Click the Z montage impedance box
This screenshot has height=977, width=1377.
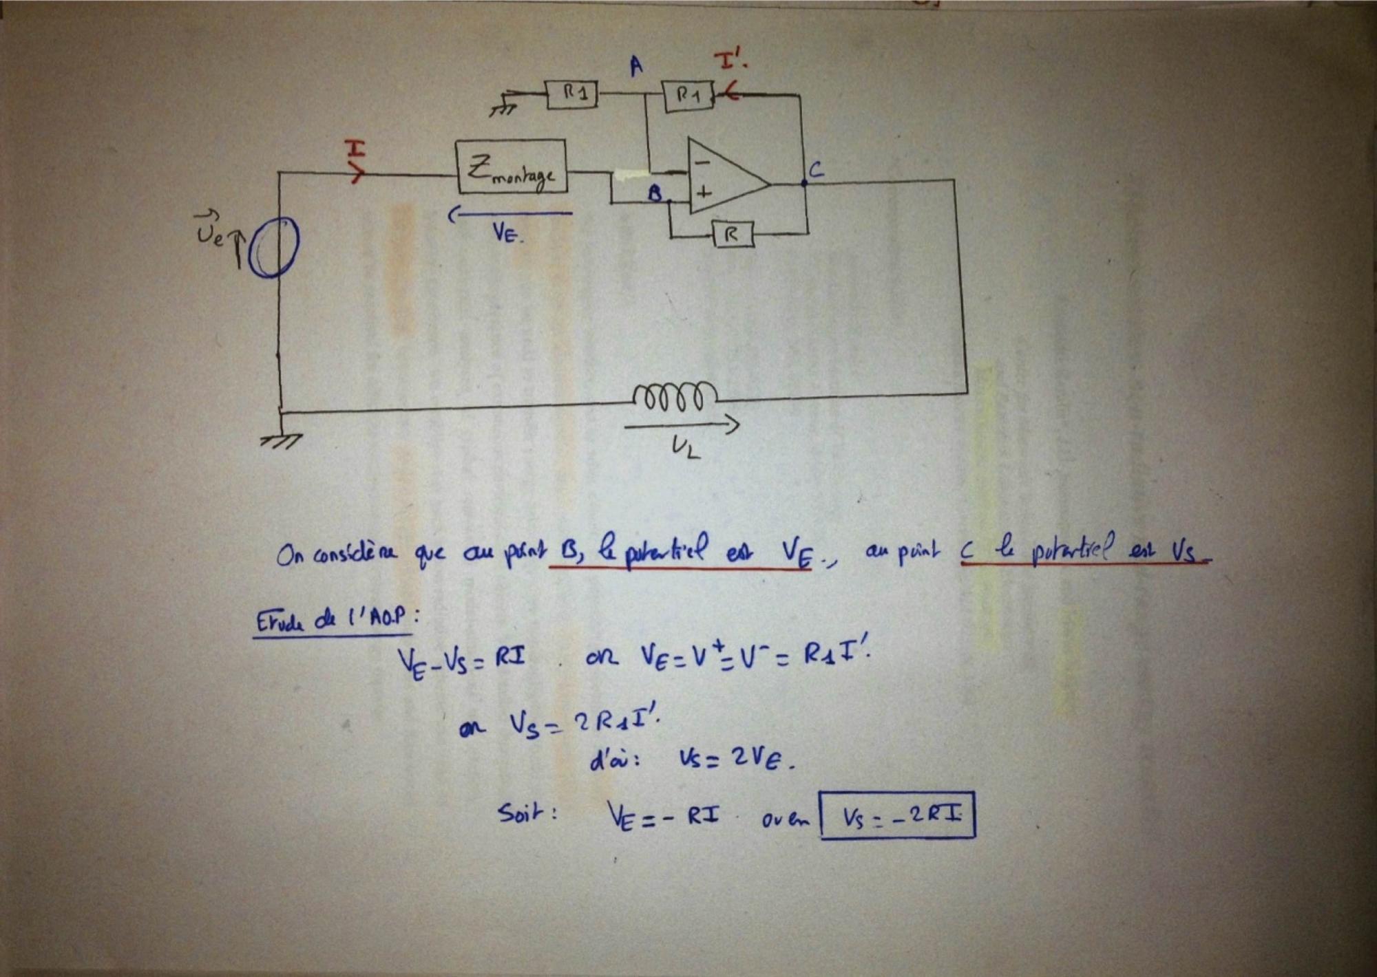[512, 167]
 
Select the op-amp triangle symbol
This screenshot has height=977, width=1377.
[726, 178]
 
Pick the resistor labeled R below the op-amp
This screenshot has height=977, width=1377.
[732, 235]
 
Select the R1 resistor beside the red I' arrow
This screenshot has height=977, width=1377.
[688, 96]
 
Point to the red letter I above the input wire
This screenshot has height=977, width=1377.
[355, 149]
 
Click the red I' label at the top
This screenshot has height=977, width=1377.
[732, 62]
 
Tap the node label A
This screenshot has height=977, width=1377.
[636, 67]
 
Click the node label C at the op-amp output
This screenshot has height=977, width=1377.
[816, 170]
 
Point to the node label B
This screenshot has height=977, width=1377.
[654, 194]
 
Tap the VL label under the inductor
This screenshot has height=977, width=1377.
[686, 448]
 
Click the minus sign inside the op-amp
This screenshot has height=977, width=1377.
[702, 163]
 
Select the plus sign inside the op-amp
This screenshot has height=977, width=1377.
[703, 193]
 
